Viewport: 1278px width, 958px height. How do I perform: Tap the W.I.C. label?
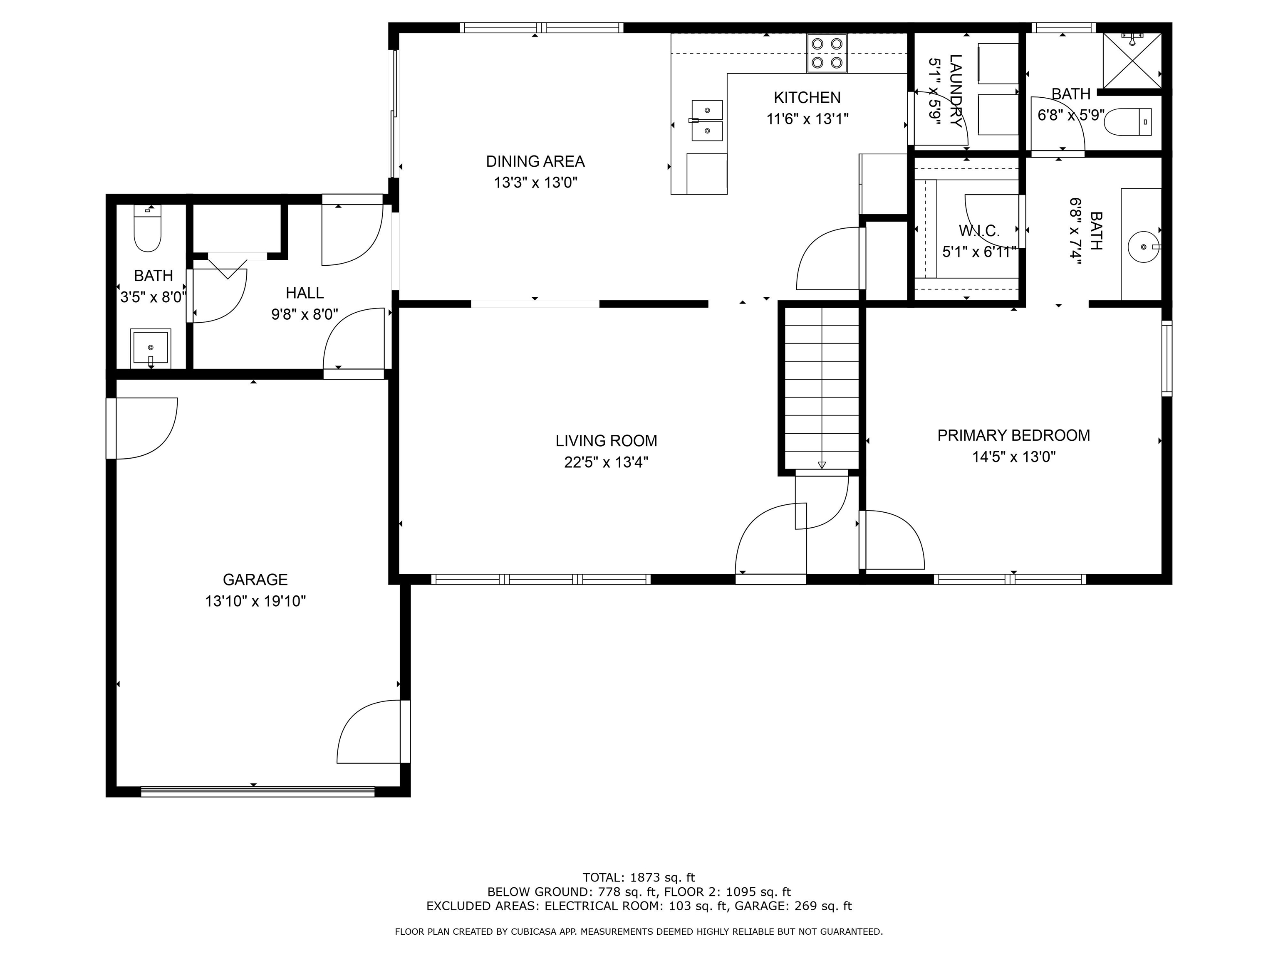(x=979, y=231)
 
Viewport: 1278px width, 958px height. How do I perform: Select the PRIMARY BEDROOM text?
(x=1013, y=435)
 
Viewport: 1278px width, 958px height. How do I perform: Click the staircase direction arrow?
(x=822, y=464)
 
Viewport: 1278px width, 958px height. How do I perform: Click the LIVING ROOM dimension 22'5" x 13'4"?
(x=606, y=462)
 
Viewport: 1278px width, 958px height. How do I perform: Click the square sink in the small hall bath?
(x=150, y=348)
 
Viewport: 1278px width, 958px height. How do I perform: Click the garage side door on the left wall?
(x=111, y=428)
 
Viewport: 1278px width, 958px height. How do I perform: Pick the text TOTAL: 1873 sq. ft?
(x=639, y=878)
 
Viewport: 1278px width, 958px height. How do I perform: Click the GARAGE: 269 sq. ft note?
(x=791, y=906)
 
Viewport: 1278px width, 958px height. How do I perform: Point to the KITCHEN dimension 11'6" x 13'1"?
(x=807, y=119)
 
